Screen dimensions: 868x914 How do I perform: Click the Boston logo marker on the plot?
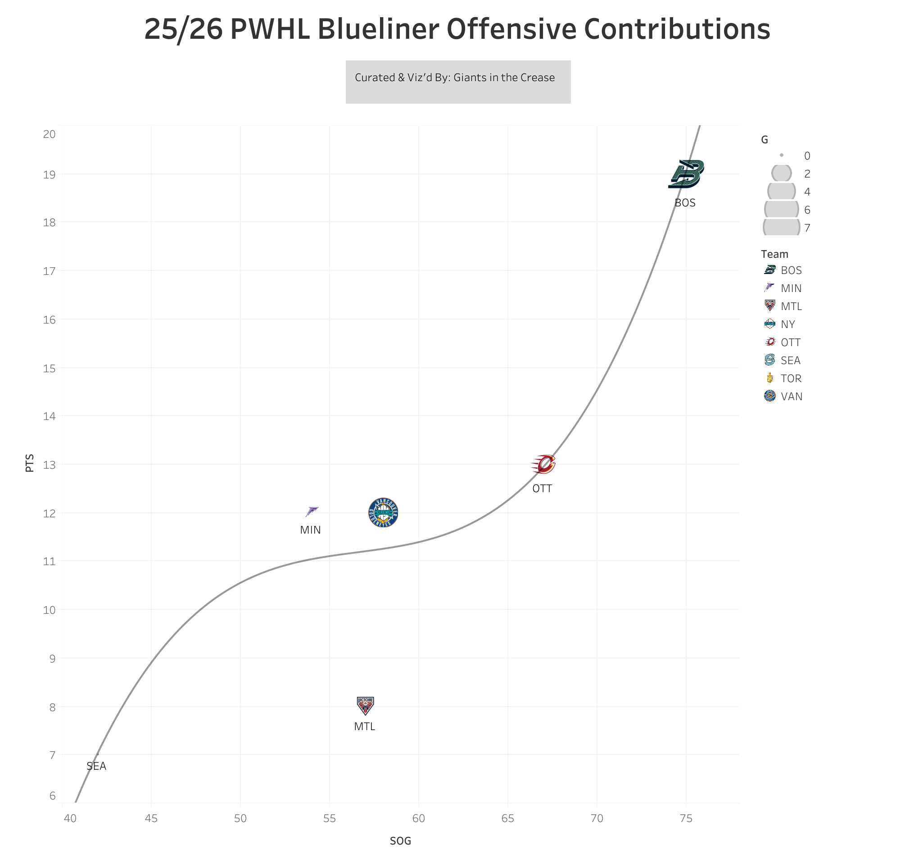tap(686, 174)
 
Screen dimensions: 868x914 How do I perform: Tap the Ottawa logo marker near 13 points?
tap(543, 464)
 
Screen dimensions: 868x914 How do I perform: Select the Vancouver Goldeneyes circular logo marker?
tap(383, 513)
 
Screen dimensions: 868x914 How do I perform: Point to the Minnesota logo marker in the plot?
tap(312, 512)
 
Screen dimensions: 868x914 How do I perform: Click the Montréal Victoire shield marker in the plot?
tap(365, 706)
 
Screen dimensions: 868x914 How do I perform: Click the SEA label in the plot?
tap(96, 766)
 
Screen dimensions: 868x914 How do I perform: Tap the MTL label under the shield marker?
tap(364, 726)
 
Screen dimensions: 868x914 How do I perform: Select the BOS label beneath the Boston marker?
tap(685, 203)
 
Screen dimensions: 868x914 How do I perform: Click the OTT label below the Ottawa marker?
tap(542, 489)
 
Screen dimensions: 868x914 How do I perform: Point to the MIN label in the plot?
tap(310, 530)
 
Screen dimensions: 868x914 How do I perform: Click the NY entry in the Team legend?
tap(787, 324)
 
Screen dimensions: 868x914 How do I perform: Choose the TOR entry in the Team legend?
tap(791, 379)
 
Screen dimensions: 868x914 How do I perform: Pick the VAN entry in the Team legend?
tap(791, 397)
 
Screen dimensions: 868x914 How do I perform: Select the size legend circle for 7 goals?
tap(781, 227)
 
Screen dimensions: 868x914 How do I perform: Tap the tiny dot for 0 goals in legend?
tap(781, 155)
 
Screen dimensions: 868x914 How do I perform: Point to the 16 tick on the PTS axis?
tap(50, 320)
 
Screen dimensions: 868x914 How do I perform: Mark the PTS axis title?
tap(30, 463)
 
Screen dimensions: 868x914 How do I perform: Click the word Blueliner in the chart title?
tap(377, 29)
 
